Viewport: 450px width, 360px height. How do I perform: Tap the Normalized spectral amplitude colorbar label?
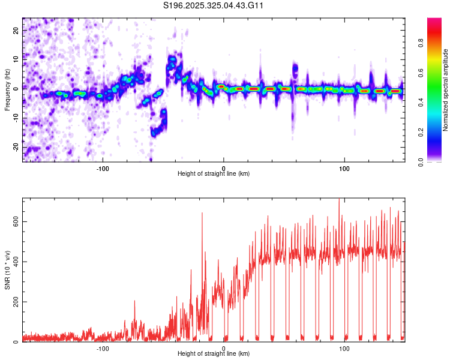coord(446,90)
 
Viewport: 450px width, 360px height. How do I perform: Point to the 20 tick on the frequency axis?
coord(16,30)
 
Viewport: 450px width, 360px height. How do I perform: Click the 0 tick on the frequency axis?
coord(16,88)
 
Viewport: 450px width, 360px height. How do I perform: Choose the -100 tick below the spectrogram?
coord(103,168)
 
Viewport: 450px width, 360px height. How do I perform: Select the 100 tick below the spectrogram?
coord(344,168)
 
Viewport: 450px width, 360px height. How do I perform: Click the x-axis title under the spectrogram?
coord(214,174)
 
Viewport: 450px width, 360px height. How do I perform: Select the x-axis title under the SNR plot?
coord(214,354)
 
